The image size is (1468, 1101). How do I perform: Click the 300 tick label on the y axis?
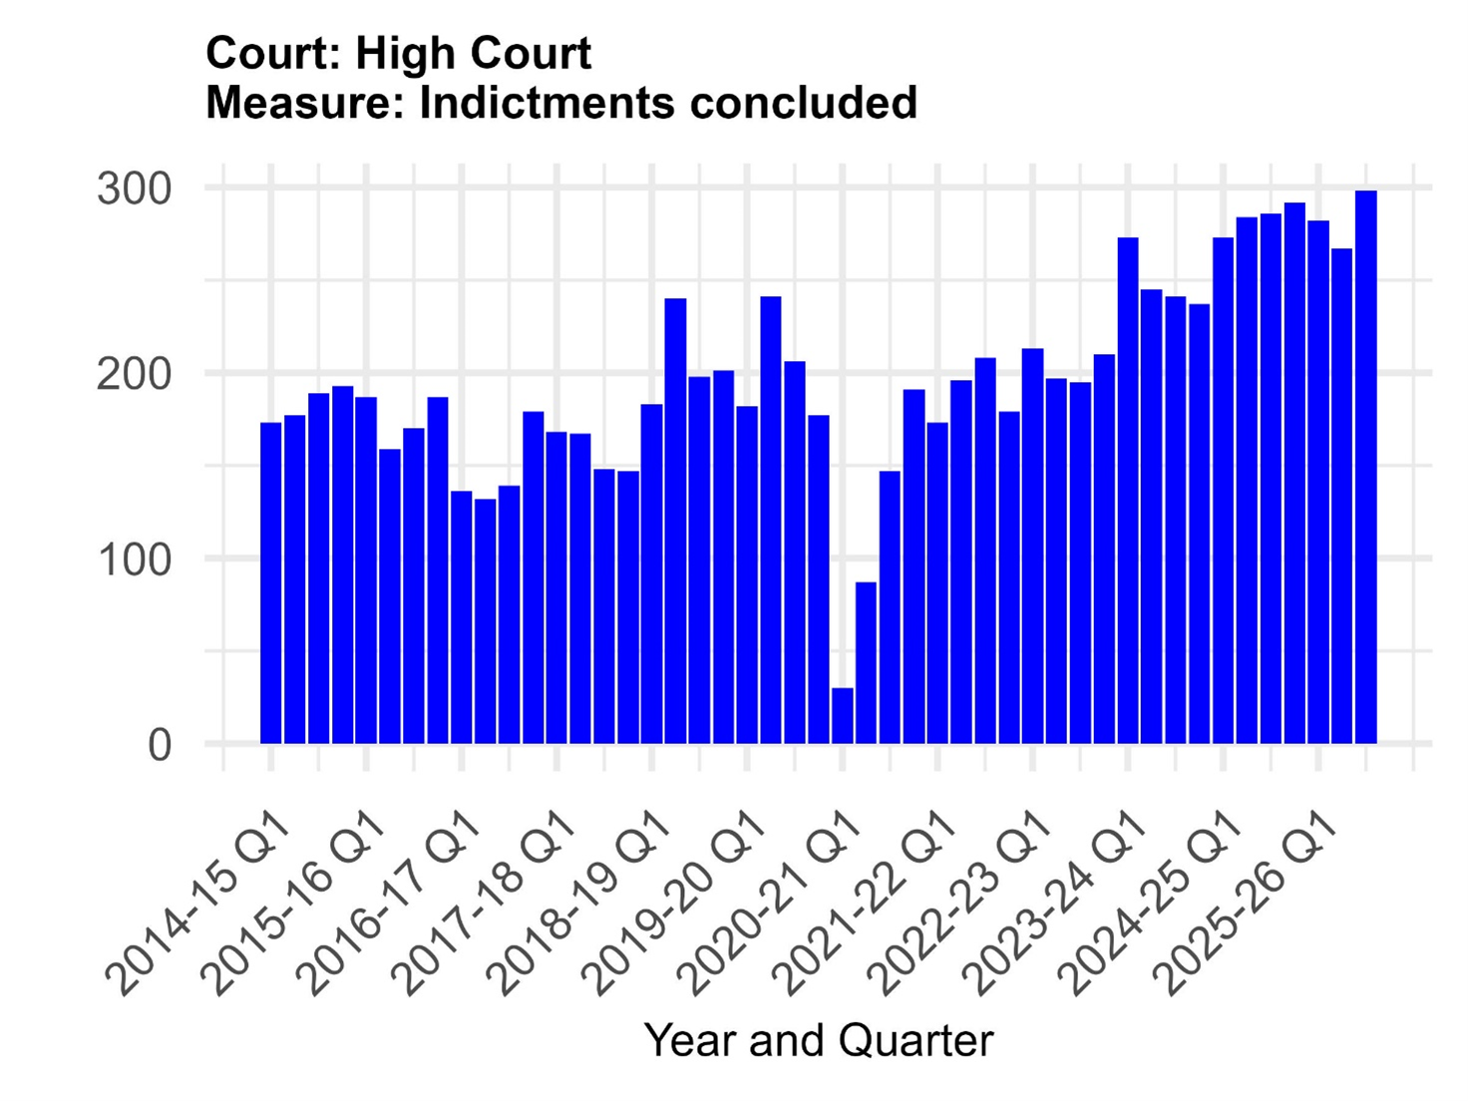[135, 188]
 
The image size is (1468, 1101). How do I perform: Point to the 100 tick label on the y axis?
[135, 559]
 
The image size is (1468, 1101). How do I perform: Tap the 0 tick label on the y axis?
[160, 745]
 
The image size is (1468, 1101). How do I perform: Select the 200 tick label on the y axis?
[135, 374]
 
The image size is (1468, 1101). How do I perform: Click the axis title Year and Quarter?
[819, 1040]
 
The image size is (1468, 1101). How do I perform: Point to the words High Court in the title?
[473, 53]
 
